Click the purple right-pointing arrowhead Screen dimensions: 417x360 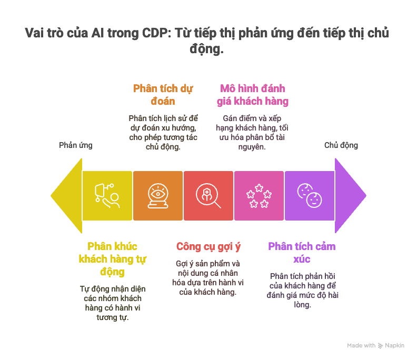[349, 196]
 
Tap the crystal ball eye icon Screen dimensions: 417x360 [158, 196]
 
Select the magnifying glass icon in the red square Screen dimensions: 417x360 [208, 196]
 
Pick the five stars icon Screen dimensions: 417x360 [259, 196]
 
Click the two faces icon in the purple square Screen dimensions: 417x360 [309, 195]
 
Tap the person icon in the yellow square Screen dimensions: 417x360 [107, 196]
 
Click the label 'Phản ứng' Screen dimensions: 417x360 [76, 145]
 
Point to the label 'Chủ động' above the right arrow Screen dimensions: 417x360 [341, 145]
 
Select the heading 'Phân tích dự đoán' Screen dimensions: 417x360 [163, 95]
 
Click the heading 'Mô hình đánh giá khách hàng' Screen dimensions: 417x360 [253, 95]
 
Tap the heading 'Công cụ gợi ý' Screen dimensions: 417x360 [208, 247]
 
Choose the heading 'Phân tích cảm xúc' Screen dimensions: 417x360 [302, 253]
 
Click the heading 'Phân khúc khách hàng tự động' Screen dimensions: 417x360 [113, 259]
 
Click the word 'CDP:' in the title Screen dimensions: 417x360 [157, 33]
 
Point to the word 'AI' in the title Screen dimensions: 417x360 [97, 33]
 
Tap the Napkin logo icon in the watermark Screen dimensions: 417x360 [381, 346]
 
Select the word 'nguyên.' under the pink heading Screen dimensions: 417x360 [252, 147]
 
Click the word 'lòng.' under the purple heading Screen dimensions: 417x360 [302, 304]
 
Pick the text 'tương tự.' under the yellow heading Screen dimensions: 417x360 [113, 317]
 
